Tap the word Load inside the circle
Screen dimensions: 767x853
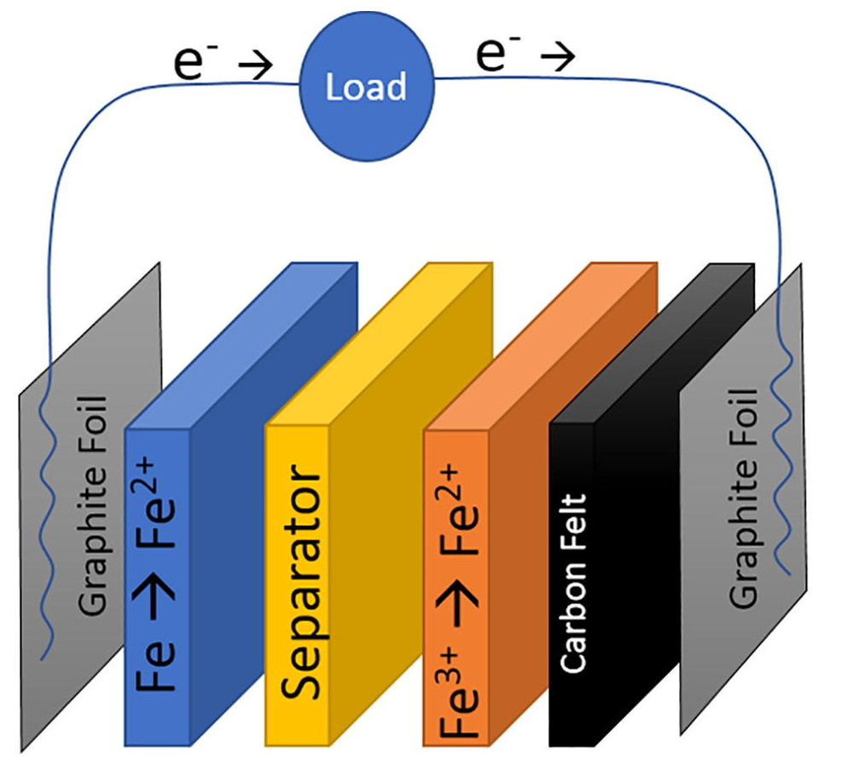coord(367,88)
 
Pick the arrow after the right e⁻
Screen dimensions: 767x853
coord(559,58)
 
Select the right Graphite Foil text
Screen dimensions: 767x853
coord(744,498)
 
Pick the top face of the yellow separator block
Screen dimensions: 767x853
coord(380,341)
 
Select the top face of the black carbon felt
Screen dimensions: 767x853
coord(653,341)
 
